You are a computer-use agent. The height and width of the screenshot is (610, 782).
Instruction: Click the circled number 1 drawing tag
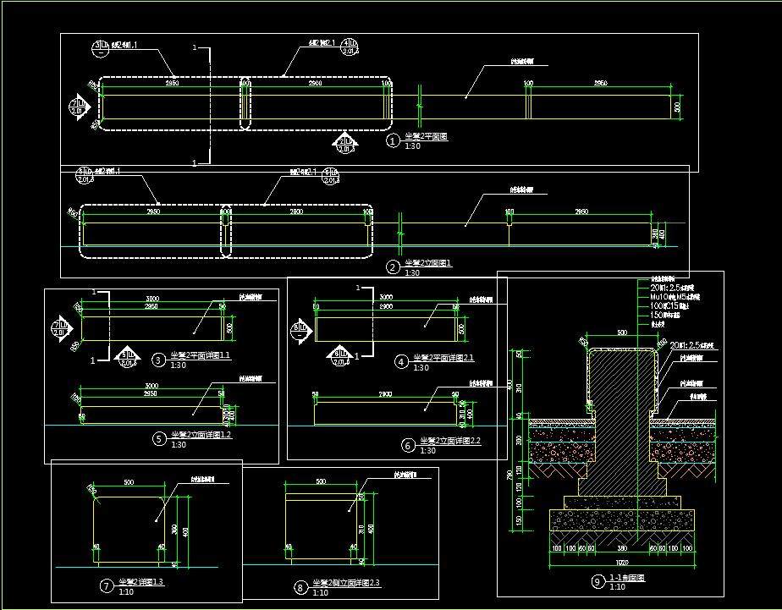coord(392,141)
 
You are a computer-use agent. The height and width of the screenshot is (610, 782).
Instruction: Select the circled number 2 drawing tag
coord(392,267)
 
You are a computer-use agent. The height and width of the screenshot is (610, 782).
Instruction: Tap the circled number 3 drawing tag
coord(158,360)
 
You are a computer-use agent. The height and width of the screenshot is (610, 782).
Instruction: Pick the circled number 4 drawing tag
coord(402,361)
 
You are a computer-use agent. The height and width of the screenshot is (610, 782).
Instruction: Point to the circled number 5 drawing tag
coord(158,438)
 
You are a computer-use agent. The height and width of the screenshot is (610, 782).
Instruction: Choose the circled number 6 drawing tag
coord(409,444)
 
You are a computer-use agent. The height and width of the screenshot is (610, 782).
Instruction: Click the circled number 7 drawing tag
coord(107,585)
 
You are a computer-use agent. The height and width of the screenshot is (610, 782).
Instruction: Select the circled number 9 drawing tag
coord(598,580)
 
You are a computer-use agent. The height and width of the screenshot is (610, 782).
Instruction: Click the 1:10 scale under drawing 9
coord(617,587)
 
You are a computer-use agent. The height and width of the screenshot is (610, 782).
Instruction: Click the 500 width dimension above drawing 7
coord(129,482)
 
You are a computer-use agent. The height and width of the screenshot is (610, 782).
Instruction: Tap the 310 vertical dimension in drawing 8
coord(361,529)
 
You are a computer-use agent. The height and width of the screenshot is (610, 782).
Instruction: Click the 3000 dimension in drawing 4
coord(386,298)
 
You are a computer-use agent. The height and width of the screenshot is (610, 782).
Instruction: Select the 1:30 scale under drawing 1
coord(412,146)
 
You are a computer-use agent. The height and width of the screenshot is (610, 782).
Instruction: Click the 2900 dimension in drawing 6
coord(386,395)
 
